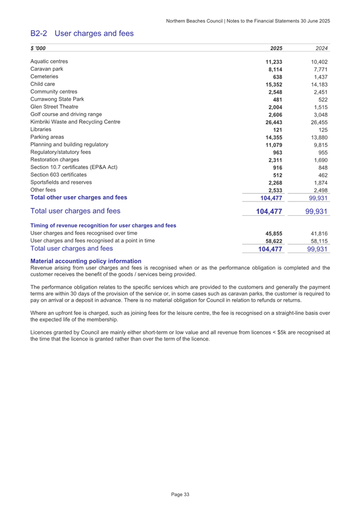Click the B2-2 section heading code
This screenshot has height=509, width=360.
click(x=39, y=34)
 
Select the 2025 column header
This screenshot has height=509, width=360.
click(x=276, y=49)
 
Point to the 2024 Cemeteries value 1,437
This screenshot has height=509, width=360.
click(x=318, y=77)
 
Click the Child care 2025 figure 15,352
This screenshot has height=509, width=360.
click(x=273, y=84)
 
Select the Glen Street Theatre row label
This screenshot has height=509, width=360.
click(x=55, y=107)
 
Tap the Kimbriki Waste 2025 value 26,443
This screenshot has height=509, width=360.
click(x=273, y=122)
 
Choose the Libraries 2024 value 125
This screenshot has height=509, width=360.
click(x=322, y=130)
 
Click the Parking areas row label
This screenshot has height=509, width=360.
click(x=48, y=137)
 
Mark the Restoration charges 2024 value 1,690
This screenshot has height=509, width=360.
click(x=318, y=159)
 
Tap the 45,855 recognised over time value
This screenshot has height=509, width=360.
click(x=273, y=233)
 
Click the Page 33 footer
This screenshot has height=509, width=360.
click(x=180, y=495)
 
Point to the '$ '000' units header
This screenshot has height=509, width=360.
click(x=38, y=49)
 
